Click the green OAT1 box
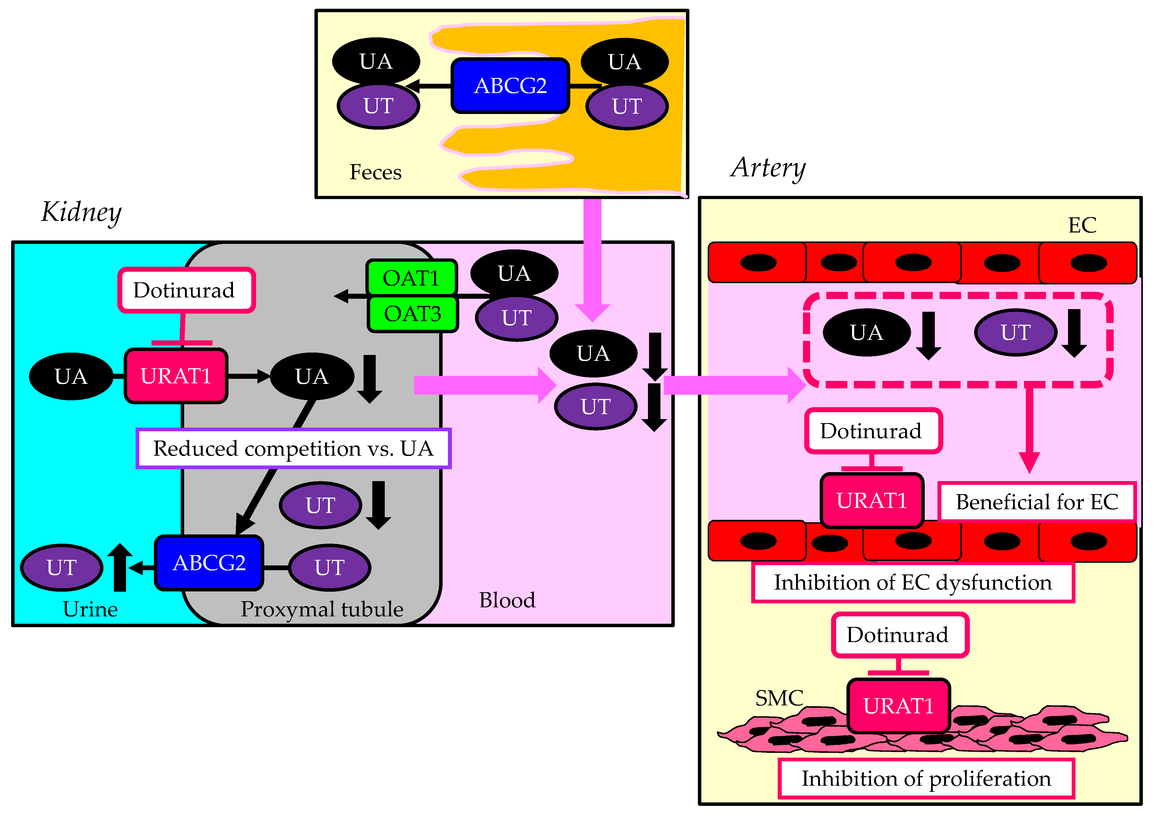click(x=411, y=278)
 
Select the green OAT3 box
click(x=412, y=314)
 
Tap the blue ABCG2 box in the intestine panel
click(x=510, y=86)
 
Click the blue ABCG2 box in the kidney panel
click(x=209, y=563)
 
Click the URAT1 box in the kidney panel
click(x=176, y=376)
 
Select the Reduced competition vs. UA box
click(x=293, y=448)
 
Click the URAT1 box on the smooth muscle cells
click(x=898, y=705)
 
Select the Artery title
click(x=768, y=168)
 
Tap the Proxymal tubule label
click(x=322, y=609)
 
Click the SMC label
click(x=779, y=698)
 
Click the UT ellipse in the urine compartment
click(x=61, y=568)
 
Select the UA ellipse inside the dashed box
click(x=867, y=332)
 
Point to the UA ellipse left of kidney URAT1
click(x=71, y=376)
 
